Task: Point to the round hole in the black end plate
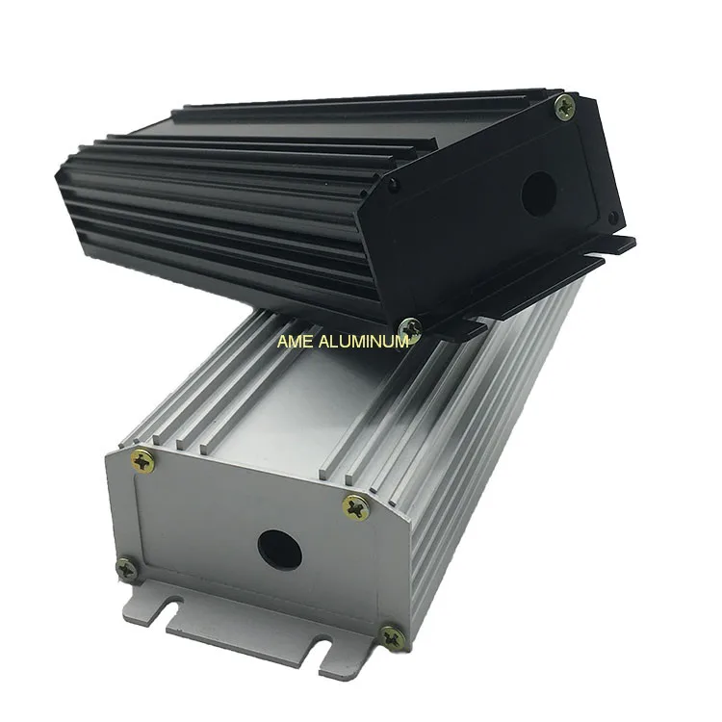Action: point(538,193)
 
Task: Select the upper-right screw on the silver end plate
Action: point(355,506)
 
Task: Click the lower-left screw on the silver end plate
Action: point(126,568)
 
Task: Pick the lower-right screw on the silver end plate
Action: point(391,636)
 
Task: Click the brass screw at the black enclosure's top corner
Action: point(566,107)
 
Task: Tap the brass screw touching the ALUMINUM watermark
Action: point(410,329)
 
